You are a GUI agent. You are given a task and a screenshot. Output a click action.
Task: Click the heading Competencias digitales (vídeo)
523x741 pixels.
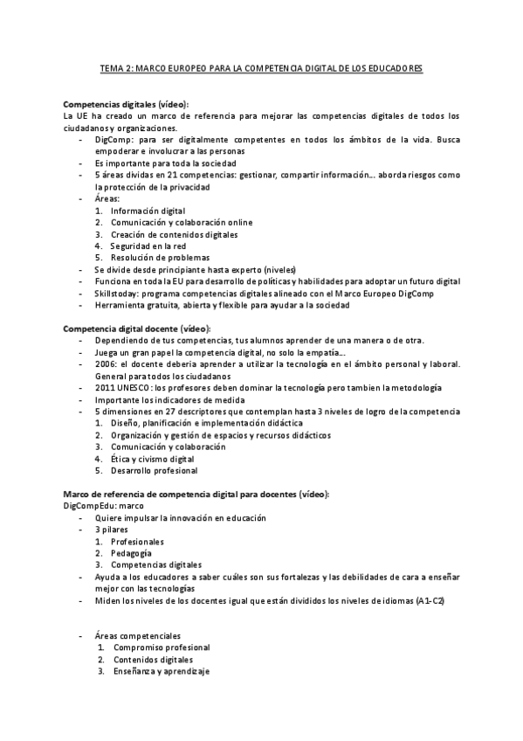pos(126,104)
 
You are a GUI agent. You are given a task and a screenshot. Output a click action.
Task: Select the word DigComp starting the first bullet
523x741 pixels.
pos(112,139)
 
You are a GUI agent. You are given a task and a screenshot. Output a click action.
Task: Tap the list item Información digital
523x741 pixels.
pos(148,211)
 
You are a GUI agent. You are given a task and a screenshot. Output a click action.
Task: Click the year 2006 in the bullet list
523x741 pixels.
pos(106,364)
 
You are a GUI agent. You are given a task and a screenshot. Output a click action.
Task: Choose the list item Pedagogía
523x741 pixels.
pos(131,553)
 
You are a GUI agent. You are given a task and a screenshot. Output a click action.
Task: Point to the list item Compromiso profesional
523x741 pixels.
pos(162,648)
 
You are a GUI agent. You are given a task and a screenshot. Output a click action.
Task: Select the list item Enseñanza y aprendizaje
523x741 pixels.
pos(162,671)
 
